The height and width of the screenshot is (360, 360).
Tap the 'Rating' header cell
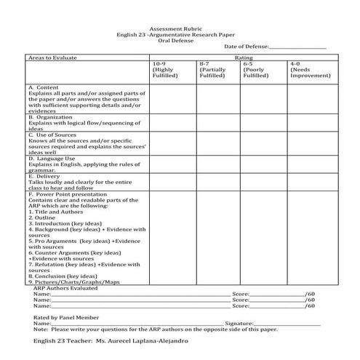point(243,56)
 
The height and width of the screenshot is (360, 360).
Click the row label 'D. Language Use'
point(52,159)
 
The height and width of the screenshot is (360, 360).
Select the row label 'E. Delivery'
point(44,176)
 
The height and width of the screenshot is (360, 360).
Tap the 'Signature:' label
point(239,323)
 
